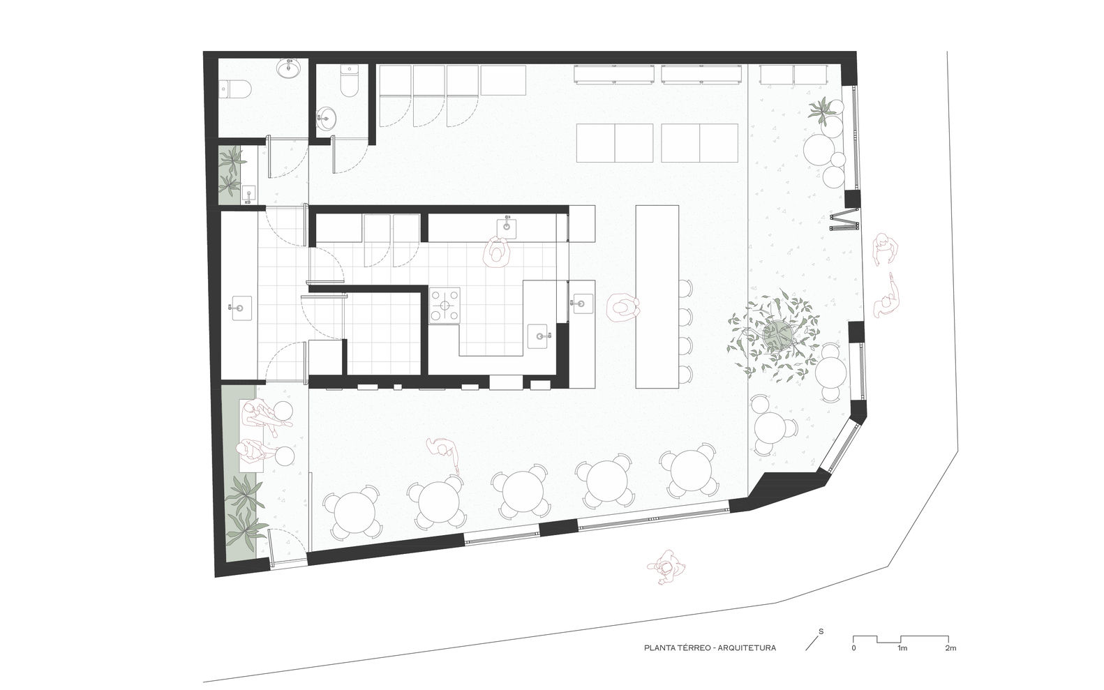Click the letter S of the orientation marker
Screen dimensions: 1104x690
(x=821, y=631)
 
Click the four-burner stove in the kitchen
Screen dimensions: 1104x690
(x=445, y=306)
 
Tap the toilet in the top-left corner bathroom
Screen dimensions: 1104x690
(x=236, y=89)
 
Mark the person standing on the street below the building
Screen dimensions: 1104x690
(x=667, y=567)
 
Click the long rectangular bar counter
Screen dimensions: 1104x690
(x=657, y=297)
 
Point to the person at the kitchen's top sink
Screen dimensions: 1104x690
(x=498, y=252)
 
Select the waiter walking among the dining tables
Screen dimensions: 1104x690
(x=445, y=454)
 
